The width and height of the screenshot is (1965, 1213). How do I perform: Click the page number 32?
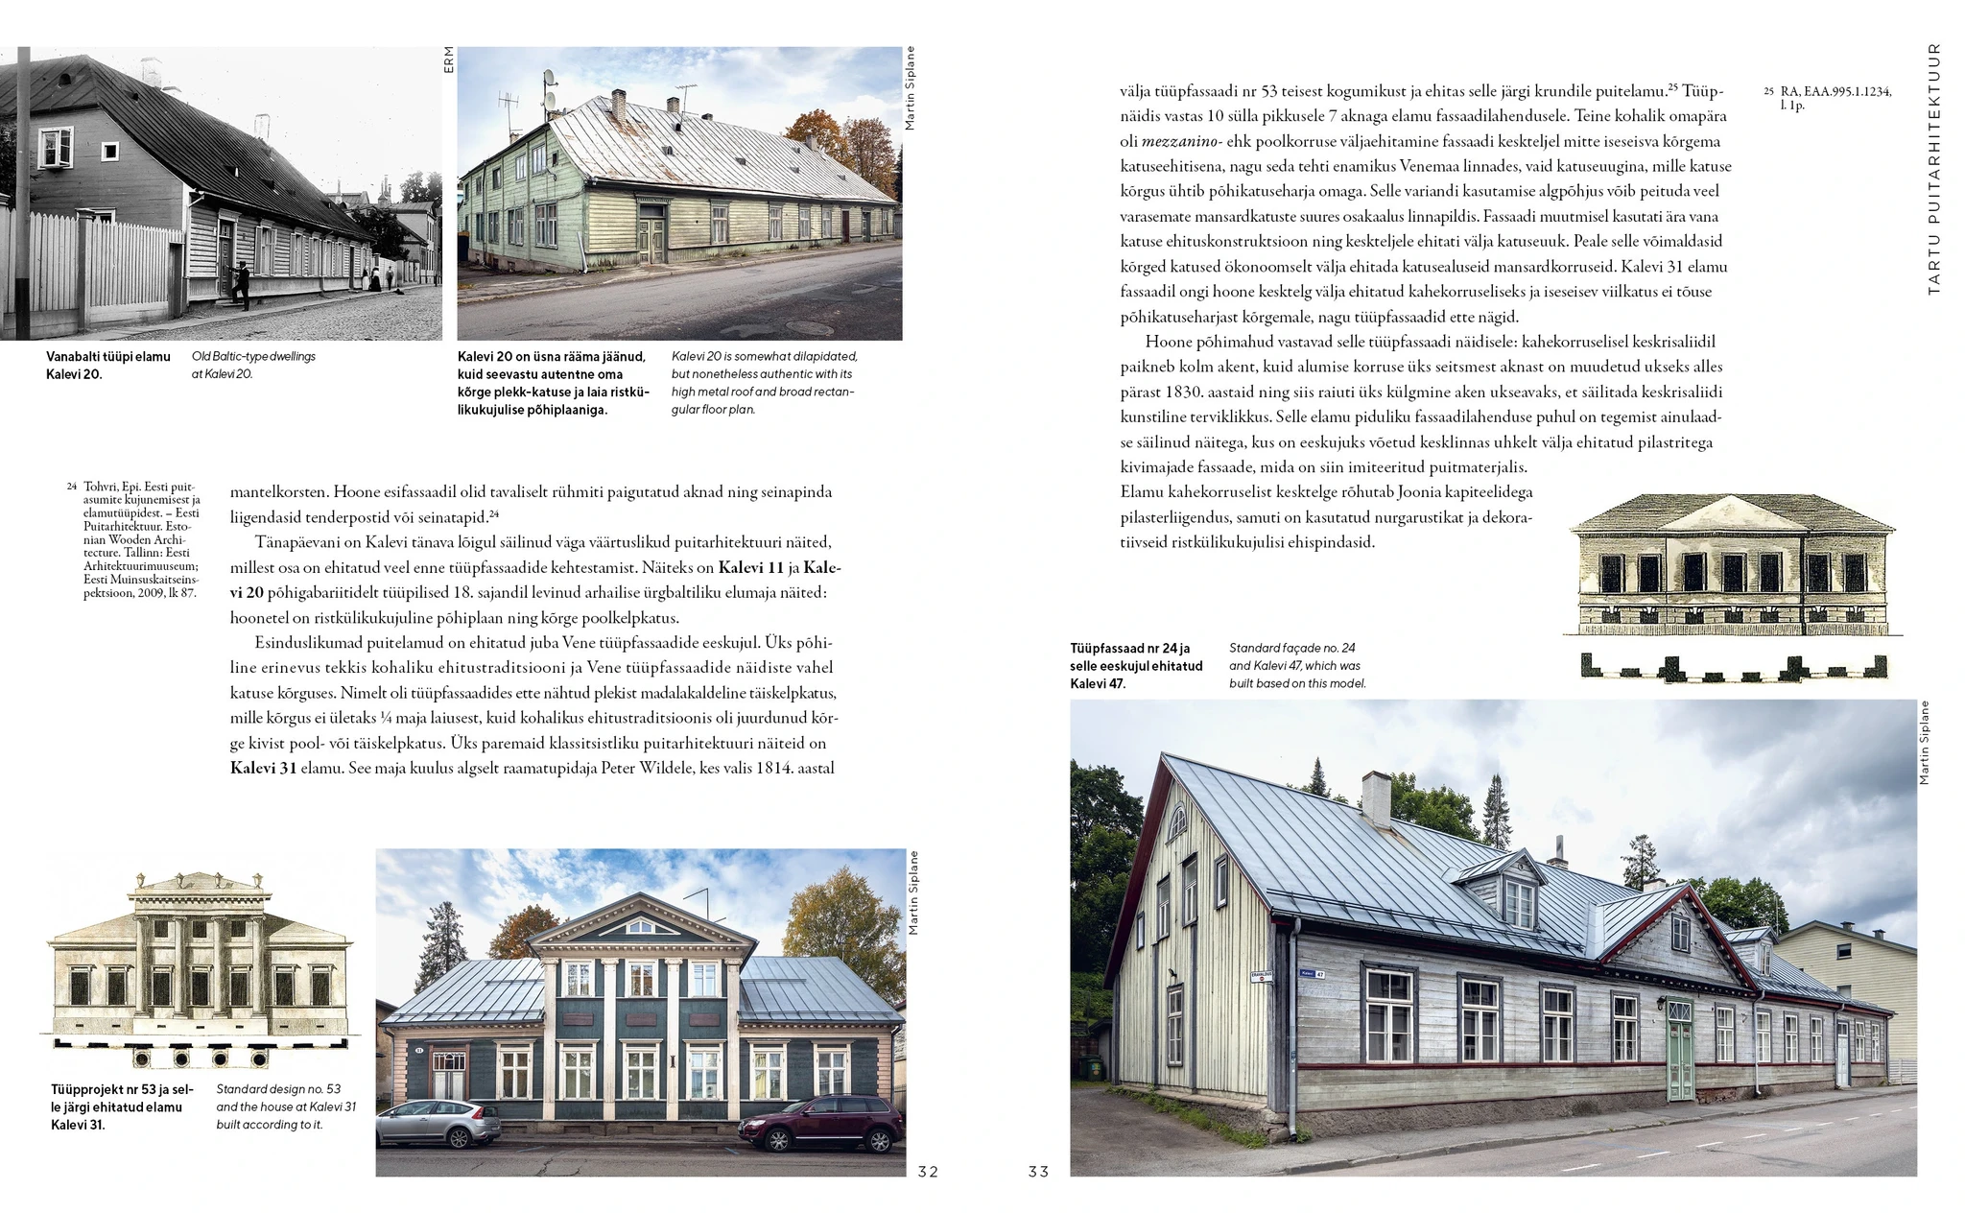pos(928,1171)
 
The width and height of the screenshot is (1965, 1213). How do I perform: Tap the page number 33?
pos(1038,1171)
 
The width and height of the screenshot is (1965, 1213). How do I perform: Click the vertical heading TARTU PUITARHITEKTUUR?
pos(1933,168)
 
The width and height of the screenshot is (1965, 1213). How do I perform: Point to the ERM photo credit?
pos(449,59)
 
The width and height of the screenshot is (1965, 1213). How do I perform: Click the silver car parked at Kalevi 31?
pos(425,1123)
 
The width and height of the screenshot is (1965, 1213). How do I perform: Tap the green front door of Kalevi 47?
pos(1679,1051)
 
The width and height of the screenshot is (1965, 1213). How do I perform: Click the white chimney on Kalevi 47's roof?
pos(1376,798)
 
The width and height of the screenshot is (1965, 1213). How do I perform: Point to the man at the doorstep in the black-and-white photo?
pos(240,285)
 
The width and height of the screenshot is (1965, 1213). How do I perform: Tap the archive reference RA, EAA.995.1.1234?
pos(1835,92)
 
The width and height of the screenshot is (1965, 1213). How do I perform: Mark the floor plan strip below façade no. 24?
pos(1734,667)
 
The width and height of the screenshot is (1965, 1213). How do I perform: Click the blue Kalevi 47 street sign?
pos(1313,973)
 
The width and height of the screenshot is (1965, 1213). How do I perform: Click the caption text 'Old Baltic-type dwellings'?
pos(253,357)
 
